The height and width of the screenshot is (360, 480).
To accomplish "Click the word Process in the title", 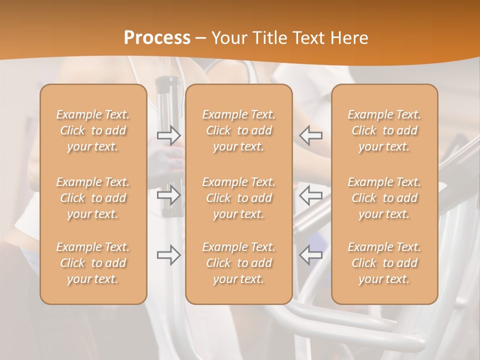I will click(157, 38).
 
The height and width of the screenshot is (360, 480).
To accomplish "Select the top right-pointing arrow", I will click(169, 135).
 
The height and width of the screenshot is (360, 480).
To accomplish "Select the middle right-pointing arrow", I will click(169, 195).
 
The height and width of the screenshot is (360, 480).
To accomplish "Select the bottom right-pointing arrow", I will click(169, 255).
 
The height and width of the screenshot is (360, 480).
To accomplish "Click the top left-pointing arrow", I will click(311, 135).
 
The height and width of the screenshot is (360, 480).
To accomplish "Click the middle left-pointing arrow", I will click(311, 195).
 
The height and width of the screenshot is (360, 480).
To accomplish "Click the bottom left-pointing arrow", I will click(311, 255).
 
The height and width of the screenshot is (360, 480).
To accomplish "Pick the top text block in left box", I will click(93, 130).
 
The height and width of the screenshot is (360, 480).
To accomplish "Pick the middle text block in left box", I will click(93, 198).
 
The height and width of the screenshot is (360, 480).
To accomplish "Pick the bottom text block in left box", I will click(93, 263).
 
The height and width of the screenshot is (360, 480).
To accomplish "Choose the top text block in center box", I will click(239, 130).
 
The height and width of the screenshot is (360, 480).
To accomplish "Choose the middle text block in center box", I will click(239, 198).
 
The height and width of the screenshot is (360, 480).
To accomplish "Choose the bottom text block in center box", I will click(239, 263).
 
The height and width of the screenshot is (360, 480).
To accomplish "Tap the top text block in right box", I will click(384, 130).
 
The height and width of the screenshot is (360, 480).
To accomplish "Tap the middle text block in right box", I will click(384, 198).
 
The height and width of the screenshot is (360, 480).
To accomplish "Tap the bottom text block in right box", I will click(384, 263).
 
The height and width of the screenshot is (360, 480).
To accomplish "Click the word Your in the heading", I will click(229, 38).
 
